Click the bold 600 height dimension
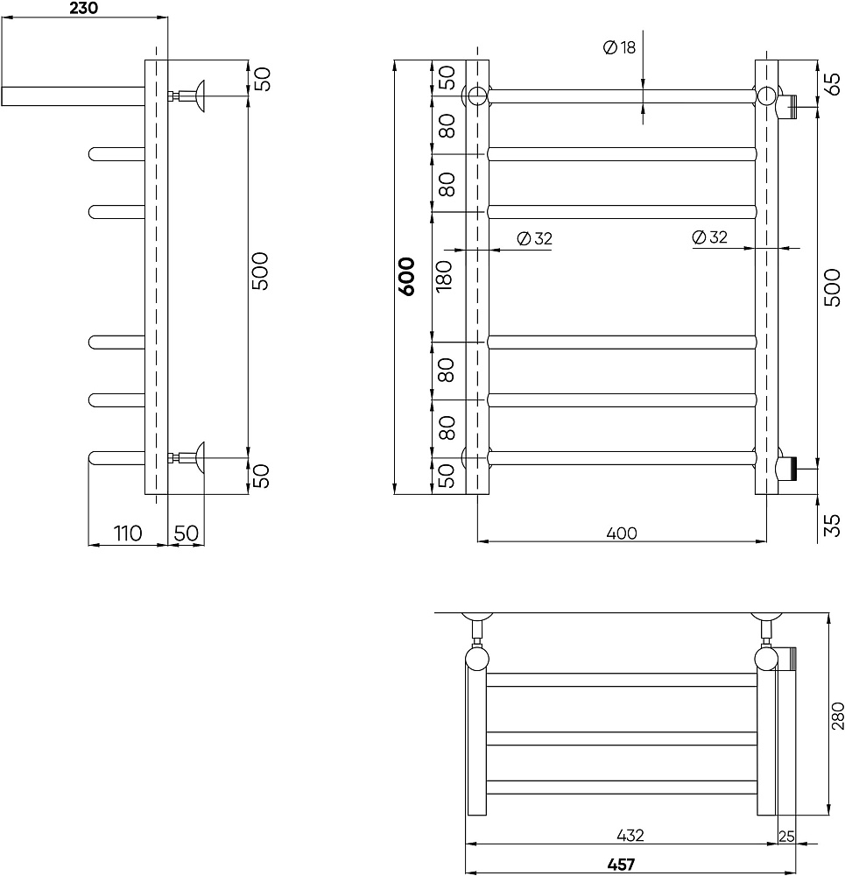point(407,277)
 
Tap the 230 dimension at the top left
point(84,8)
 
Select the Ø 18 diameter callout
point(620,47)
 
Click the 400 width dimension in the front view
point(622,533)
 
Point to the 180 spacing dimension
point(444,276)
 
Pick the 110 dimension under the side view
point(128,533)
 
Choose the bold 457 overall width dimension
point(621,865)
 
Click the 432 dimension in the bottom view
point(630,835)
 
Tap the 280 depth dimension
point(838,716)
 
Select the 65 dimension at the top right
point(832,84)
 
